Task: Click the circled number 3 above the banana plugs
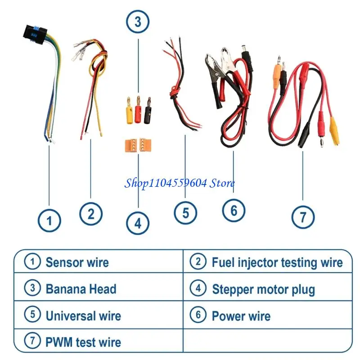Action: click(138, 22)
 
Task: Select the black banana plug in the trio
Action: click(148, 111)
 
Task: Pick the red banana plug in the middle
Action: click(138, 110)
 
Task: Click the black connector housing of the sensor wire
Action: click(36, 34)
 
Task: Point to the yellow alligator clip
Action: click(334, 130)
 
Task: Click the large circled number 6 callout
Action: click(234, 210)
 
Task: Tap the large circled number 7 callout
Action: click(303, 217)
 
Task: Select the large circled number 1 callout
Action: click(49, 220)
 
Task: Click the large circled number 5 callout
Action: click(185, 213)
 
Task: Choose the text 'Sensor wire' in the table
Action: click(77, 262)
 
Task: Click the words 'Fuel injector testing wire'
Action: click(277, 262)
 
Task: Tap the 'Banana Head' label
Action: click(81, 289)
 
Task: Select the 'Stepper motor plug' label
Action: click(263, 289)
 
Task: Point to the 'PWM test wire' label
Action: click(83, 342)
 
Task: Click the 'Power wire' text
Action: click(241, 316)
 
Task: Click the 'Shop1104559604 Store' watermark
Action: click(179, 184)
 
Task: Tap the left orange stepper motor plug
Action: click(131, 145)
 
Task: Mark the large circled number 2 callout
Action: click(91, 214)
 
